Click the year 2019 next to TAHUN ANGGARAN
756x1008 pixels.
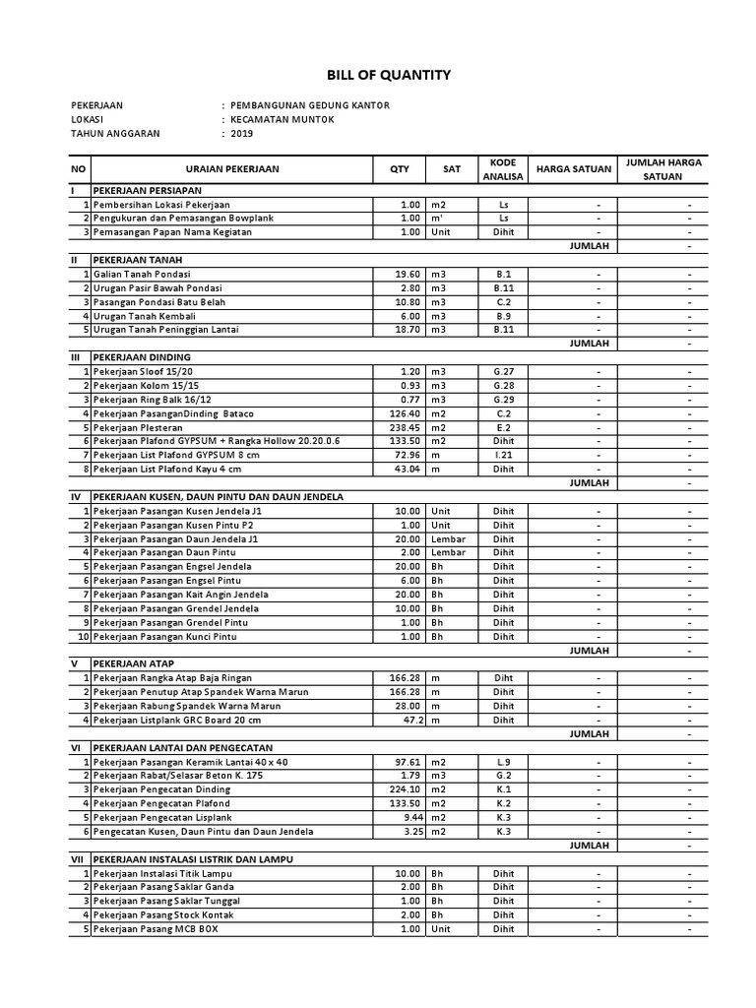point(242,133)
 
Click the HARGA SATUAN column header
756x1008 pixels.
point(574,168)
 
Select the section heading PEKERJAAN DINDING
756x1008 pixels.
point(142,357)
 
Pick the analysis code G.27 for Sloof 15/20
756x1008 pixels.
point(504,372)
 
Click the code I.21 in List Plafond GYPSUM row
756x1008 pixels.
point(504,456)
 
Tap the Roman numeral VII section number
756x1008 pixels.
point(76,859)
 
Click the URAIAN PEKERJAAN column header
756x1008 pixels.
point(232,168)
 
